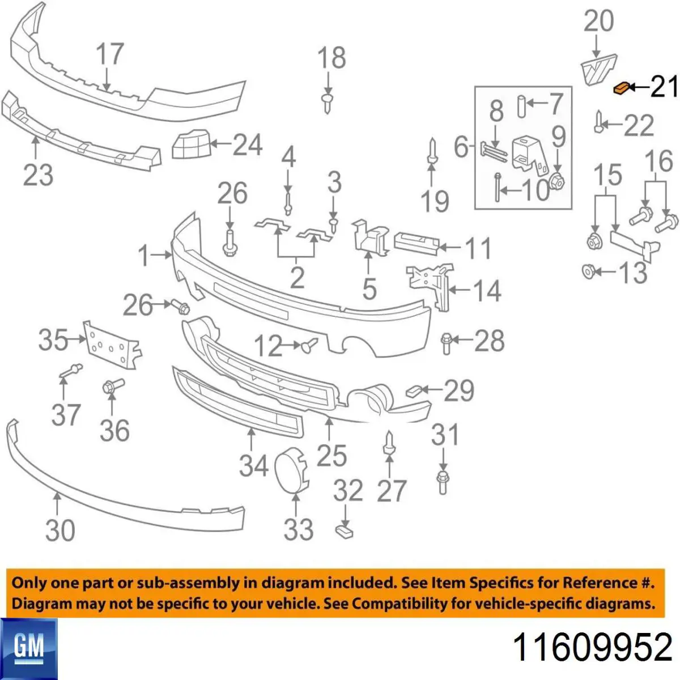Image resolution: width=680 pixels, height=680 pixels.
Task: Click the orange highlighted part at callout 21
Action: click(x=622, y=88)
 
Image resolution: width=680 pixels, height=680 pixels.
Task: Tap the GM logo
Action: click(x=28, y=649)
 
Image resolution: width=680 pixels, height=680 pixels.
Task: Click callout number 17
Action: click(x=110, y=54)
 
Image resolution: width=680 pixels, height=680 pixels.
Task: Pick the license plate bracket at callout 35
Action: click(x=112, y=345)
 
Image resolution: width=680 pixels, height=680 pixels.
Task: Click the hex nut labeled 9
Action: click(x=557, y=182)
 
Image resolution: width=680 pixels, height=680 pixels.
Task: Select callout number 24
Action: click(x=248, y=144)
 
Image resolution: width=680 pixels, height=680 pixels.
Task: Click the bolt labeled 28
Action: click(x=446, y=343)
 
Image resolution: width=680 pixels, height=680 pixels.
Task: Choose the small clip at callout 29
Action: click(x=413, y=390)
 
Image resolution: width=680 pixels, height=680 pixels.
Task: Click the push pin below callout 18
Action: click(x=328, y=103)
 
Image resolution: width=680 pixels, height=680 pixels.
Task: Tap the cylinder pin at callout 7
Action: click(x=522, y=106)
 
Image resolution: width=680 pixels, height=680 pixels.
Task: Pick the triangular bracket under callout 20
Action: click(x=599, y=74)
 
